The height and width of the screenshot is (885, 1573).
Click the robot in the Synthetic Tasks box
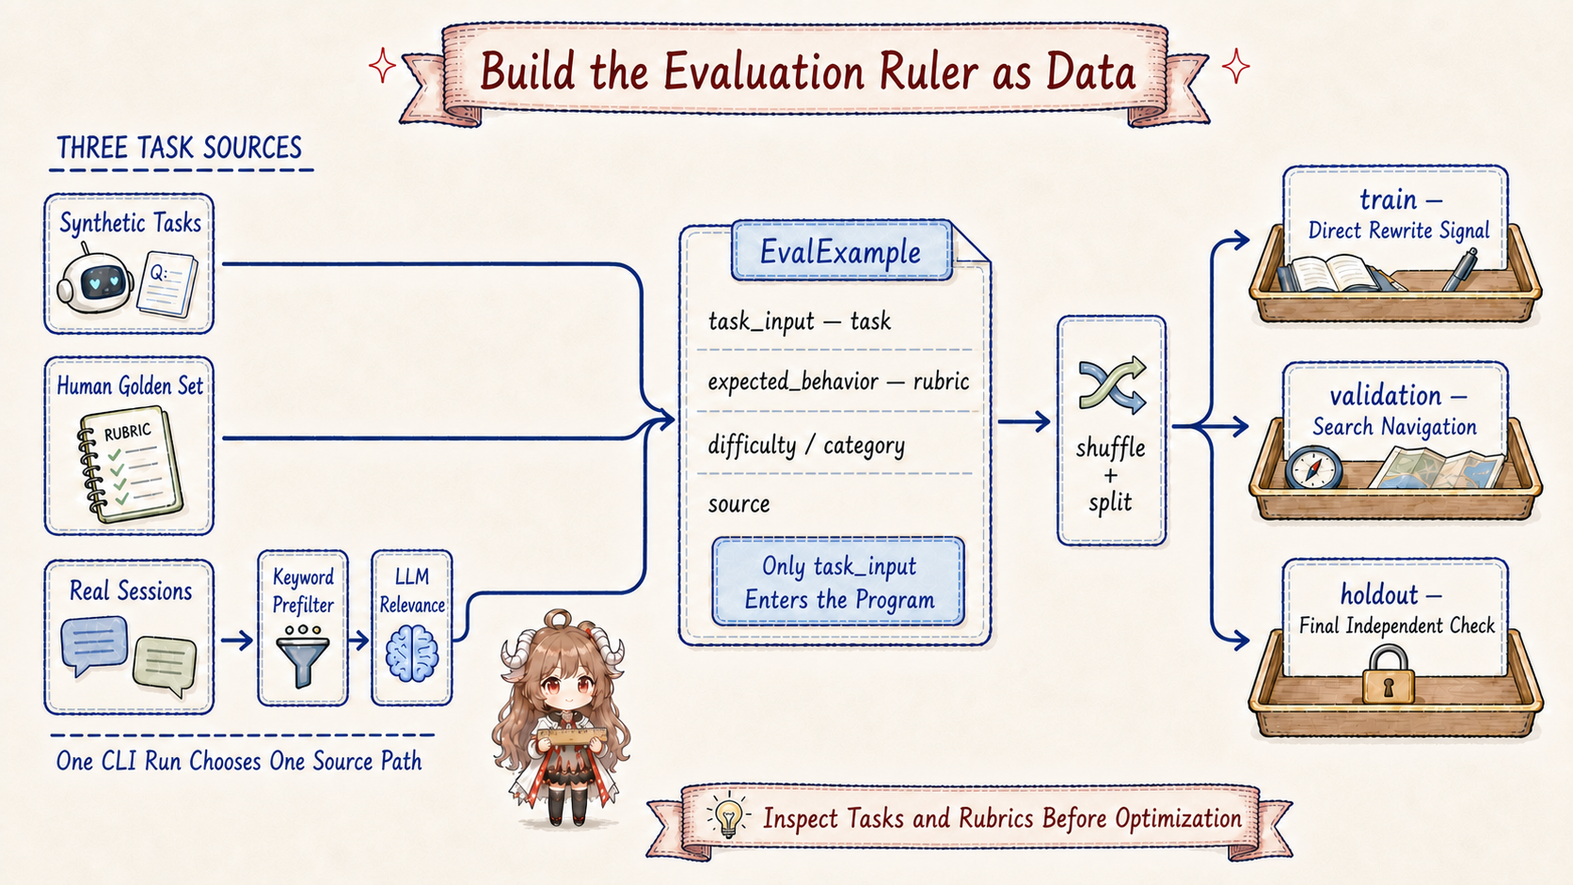[x=94, y=280]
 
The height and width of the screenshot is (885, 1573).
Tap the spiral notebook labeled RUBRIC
[x=129, y=465]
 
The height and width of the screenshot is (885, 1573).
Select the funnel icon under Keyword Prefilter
[x=303, y=656]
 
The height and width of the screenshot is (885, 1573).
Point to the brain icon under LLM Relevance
[x=412, y=654]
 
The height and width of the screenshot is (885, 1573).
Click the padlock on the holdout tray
[x=1389, y=674]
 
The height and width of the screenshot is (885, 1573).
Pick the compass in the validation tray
[x=1313, y=467]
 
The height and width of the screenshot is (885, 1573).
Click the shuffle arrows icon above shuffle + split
[x=1112, y=385]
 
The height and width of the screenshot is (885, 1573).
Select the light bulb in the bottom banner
[x=728, y=816]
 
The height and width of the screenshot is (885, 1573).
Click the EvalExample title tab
[x=841, y=251]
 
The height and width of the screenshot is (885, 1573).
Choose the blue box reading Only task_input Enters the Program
[x=838, y=582]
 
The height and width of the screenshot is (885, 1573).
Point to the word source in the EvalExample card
[x=739, y=504]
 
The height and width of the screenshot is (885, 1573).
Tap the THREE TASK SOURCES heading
[x=179, y=148]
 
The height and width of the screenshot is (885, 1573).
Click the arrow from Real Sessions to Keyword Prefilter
[x=237, y=640]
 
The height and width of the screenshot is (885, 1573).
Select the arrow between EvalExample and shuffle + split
[x=1024, y=421]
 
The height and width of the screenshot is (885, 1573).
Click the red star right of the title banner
[x=1236, y=68]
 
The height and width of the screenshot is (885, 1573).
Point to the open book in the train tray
[x=1329, y=275]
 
